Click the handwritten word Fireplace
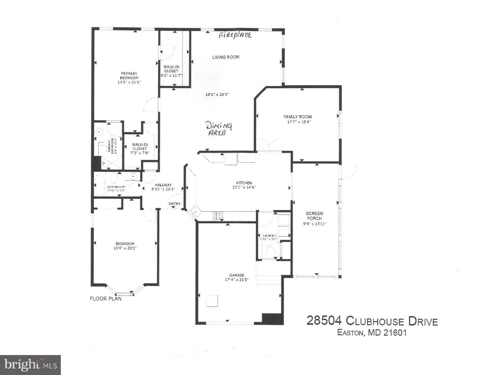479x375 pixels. pos(235,35)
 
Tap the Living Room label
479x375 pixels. pos(226,57)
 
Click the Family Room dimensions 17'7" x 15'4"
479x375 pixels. pos(298,122)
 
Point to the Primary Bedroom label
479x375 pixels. pos(129,76)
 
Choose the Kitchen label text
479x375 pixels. pos(244,183)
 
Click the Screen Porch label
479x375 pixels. pos(314,216)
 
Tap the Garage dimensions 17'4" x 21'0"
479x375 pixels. pos(237,280)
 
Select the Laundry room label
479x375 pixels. pos(269,236)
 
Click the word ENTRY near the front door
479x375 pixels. pos(174,204)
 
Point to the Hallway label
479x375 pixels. pos(163,185)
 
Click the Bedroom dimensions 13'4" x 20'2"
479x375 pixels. pos(125,248)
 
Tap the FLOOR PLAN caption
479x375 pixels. pos(106,299)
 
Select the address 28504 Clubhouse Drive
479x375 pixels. pos(372,321)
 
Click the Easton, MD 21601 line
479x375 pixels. pos(372,333)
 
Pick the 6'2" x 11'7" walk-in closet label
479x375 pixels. pos(171,75)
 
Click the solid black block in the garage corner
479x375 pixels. pos(272,319)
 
